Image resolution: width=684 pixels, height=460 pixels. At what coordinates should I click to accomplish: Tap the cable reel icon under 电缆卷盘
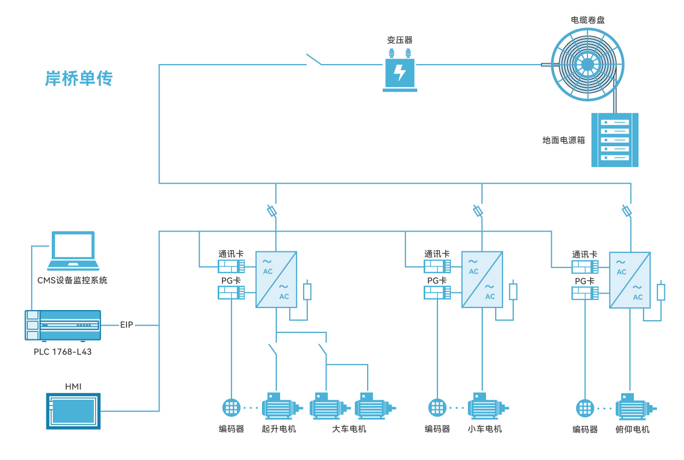click(587, 65)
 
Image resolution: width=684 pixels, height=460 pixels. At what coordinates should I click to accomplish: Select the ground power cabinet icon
click(615, 140)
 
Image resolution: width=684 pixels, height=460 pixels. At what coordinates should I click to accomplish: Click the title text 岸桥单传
click(79, 79)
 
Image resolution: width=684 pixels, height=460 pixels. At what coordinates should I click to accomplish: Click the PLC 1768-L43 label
click(62, 352)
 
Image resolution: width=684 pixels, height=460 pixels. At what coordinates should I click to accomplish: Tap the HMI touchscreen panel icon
click(73, 411)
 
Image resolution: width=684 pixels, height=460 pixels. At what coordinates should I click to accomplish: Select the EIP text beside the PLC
click(126, 325)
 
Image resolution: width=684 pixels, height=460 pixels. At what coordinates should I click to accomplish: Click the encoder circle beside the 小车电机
click(437, 408)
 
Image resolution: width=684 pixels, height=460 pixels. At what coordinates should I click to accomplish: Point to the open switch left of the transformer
click(314, 60)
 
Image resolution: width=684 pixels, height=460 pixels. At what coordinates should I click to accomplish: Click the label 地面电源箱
click(563, 140)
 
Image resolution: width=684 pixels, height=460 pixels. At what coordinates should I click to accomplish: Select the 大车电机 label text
click(349, 429)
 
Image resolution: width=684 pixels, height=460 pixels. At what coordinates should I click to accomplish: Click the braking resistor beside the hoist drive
click(307, 291)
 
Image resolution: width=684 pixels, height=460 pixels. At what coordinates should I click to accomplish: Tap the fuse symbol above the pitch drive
click(627, 211)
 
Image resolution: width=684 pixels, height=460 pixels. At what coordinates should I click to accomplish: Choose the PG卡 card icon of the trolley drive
click(437, 292)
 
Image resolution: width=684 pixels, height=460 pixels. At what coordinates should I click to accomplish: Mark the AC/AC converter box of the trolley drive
click(482, 280)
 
